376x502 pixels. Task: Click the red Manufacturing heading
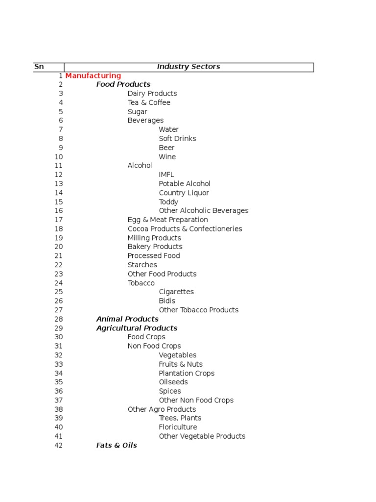pos(93,75)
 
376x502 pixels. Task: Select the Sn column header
pos(39,67)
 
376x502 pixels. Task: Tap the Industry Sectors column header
pos(188,67)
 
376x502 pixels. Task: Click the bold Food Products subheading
pos(123,84)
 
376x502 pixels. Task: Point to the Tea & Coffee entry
pos(149,102)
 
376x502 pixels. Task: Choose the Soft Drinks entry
pos(177,139)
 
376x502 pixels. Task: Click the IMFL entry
pos(166,175)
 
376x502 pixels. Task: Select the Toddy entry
pos(168,202)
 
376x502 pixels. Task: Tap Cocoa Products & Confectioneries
pos(185,229)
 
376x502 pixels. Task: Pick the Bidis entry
pos(167,301)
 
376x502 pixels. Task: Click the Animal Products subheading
pos(127,319)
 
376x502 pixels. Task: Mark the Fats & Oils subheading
pos(117,445)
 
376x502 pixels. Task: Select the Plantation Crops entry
pos(187,373)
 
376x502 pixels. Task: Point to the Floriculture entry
pos(178,427)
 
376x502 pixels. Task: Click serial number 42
pos(59,445)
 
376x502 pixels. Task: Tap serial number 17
pos(59,220)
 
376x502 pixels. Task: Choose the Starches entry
pos(142,265)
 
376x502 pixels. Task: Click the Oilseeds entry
pos(173,382)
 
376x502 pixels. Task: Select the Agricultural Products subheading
pos(137,328)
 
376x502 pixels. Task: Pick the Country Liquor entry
pos(184,193)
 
